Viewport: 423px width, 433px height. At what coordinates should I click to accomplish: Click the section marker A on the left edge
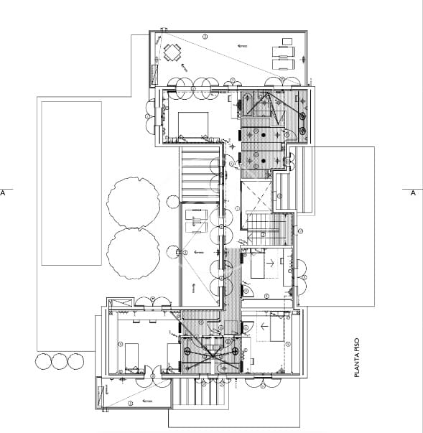pos(4,193)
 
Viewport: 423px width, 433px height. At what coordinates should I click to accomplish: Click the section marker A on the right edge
pos(412,193)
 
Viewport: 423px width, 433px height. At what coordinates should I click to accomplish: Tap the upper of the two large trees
pos(134,202)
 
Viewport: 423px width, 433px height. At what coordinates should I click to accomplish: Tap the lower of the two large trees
pos(134,254)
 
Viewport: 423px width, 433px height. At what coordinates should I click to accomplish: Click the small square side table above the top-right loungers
pos(287,41)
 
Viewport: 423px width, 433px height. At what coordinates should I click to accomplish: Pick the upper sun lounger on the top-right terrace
pos(282,51)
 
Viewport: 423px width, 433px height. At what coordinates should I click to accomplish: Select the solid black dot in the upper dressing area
pos(264,134)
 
